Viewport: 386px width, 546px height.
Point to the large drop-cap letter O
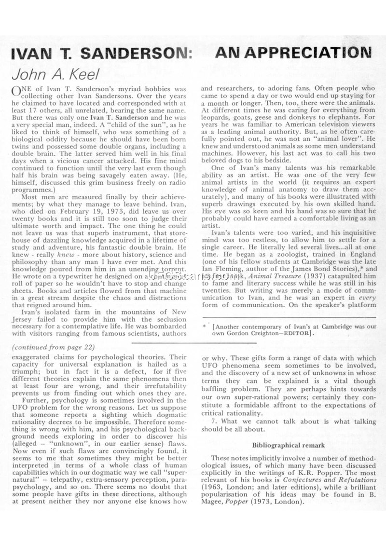click(16, 92)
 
